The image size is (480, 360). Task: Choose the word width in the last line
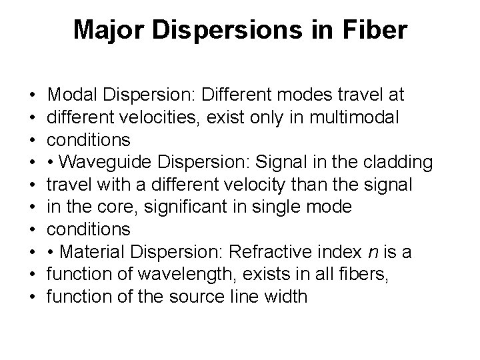[285, 296]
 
